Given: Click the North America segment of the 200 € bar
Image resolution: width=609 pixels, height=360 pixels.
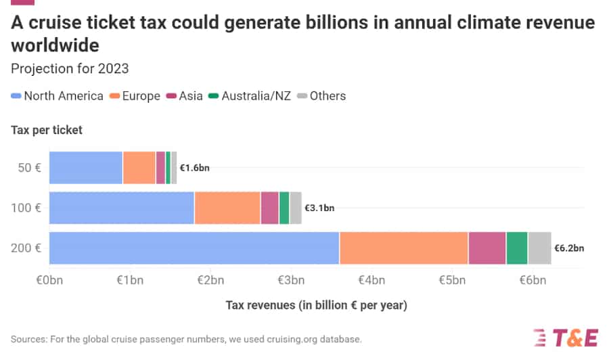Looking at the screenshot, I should pos(194,248).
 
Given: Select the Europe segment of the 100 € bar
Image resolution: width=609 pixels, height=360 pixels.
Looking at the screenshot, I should pos(227,207).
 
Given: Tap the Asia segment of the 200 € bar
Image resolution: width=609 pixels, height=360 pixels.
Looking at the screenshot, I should pos(487,248).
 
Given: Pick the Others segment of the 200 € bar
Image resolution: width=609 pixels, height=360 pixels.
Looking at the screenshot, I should pos(540,248).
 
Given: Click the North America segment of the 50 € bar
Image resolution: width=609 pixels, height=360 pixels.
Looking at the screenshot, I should pos(86,167).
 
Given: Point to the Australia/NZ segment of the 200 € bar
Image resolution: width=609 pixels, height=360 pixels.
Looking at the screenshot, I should pos(517,248).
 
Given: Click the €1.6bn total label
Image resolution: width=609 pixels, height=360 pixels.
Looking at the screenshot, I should pos(195,168).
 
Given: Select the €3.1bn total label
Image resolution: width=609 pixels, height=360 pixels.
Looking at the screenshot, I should pos(319,208).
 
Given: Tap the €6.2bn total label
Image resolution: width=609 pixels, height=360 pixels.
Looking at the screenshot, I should pos(569,248).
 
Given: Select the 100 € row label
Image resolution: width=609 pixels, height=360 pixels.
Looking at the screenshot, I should pos(28,208).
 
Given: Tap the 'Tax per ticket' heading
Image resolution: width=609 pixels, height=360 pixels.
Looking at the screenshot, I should pos(47,130).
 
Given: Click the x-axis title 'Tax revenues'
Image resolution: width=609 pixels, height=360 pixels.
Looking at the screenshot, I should pos(316,305).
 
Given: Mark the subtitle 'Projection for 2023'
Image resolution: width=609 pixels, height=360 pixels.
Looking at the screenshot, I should pos(70,68).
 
